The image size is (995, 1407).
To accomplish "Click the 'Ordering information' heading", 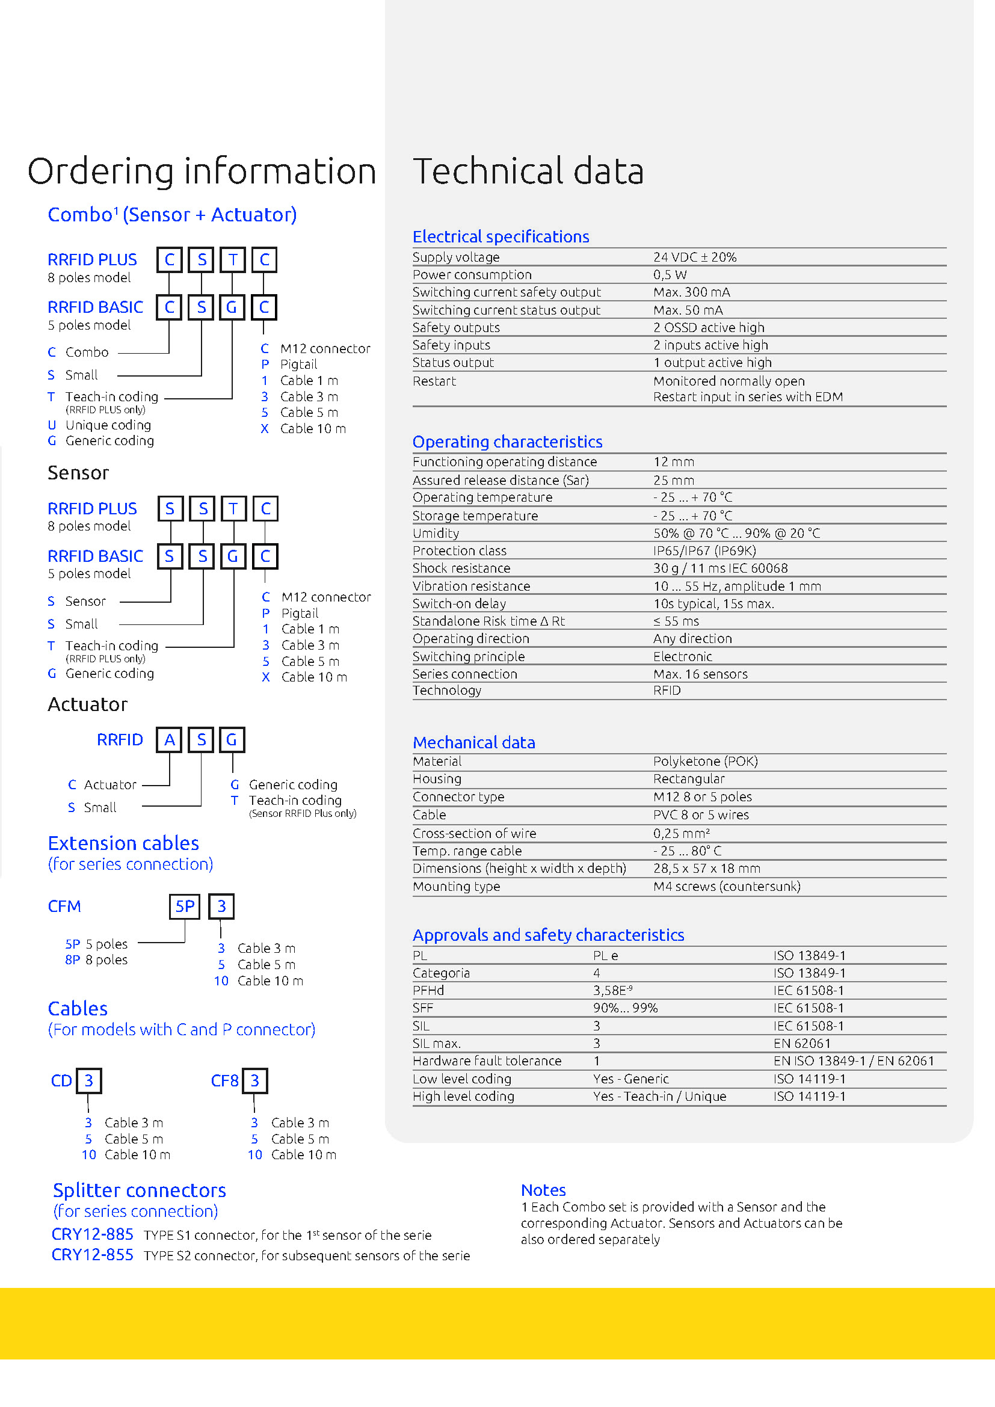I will pyautogui.click(x=202, y=171).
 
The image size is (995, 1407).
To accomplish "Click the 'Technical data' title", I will pyautogui.click(x=528, y=171).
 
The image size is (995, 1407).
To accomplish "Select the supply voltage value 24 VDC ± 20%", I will pyautogui.click(x=694, y=257).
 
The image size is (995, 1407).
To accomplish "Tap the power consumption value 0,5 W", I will pyautogui.click(x=670, y=274).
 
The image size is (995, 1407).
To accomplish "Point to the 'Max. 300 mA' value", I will pyautogui.click(x=691, y=292).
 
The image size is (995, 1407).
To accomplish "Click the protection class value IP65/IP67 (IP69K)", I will pyautogui.click(x=704, y=551).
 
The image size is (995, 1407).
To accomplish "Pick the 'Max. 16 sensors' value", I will pyautogui.click(x=700, y=674).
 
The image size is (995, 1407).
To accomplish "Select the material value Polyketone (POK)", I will pyautogui.click(x=705, y=762).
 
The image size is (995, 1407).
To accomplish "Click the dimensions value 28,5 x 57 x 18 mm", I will pyautogui.click(x=706, y=869).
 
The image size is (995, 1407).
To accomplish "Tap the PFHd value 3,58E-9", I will pyautogui.click(x=612, y=990).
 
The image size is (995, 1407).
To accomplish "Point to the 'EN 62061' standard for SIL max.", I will pyautogui.click(x=801, y=1044).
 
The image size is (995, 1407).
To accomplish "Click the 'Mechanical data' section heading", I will pyautogui.click(x=473, y=743).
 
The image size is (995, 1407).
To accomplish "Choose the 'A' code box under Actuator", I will pyautogui.click(x=170, y=740).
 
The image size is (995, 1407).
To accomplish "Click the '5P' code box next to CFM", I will pyautogui.click(x=185, y=907).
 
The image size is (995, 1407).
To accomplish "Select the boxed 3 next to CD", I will pyautogui.click(x=89, y=1081).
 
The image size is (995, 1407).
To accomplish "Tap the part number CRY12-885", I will pyautogui.click(x=93, y=1234).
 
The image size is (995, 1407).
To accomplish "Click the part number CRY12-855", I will pyautogui.click(x=93, y=1255).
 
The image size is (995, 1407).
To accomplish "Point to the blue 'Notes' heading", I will pyautogui.click(x=543, y=1190).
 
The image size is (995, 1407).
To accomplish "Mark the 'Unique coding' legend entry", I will pyautogui.click(x=108, y=425).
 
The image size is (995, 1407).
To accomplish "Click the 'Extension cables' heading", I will pyautogui.click(x=123, y=844).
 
